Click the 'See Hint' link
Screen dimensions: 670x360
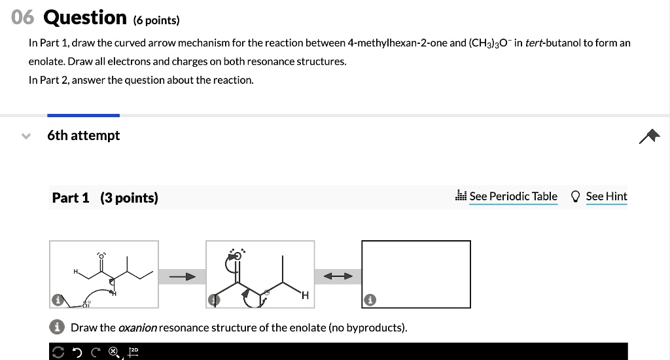coord(607,196)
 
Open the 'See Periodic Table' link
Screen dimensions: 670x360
coord(513,196)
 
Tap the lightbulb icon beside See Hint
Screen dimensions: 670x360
coord(576,196)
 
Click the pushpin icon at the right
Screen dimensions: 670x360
coord(650,136)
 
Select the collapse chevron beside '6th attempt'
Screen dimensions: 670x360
coord(26,136)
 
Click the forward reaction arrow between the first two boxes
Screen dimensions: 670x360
coord(182,277)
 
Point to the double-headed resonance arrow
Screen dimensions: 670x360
coord(338,276)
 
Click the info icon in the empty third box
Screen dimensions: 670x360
coord(370,300)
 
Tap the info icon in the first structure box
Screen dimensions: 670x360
coord(58,300)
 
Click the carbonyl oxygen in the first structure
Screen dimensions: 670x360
coord(101,257)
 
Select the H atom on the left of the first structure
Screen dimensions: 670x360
coord(76,272)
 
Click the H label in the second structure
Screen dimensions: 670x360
coord(305,295)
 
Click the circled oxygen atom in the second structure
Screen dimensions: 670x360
coord(238,256)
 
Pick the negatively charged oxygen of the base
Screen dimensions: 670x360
coord(86,305)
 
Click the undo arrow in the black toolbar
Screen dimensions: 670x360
coord(77,352)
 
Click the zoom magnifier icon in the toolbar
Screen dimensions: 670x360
coord(114,352)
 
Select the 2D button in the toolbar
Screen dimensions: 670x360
coord(133,352)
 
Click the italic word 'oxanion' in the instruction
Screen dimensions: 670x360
coord(137,327)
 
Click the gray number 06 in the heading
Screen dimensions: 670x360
coord(23,18)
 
